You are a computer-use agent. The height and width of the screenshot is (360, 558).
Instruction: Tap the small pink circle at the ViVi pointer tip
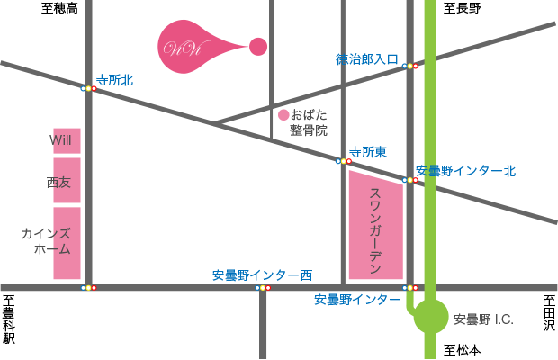pos(258,46)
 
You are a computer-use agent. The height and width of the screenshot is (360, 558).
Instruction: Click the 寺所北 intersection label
pos(114,80)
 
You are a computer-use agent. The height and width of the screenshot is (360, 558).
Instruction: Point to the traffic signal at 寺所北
pos(88,88)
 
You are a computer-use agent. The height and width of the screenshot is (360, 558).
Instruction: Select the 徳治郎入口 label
pos(367,58)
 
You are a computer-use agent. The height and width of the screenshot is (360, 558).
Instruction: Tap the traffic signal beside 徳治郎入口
pos(410,66)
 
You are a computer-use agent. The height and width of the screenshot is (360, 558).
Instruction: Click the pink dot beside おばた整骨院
pos(283,114)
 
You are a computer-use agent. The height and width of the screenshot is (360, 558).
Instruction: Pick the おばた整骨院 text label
pos(309,122)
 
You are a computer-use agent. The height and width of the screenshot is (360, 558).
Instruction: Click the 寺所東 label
pos(368,152)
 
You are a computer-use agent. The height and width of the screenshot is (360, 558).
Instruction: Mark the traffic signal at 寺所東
pos(343,161)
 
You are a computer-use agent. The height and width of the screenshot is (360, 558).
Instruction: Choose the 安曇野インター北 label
pos(466,170)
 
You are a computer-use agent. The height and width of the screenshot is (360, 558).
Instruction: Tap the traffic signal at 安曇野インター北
pos(410,180)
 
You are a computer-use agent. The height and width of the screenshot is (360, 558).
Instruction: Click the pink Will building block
pos(67,140)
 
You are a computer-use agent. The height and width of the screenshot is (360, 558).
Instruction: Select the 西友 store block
pos(67,181)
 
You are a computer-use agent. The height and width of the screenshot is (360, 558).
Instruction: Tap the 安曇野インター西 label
pos(262,274)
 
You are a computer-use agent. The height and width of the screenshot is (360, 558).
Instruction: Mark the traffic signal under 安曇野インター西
pos(262,288)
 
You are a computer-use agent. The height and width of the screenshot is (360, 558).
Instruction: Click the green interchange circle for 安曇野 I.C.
pos(431,317)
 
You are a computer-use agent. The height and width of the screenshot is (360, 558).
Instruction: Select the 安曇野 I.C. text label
pos(483,319)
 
